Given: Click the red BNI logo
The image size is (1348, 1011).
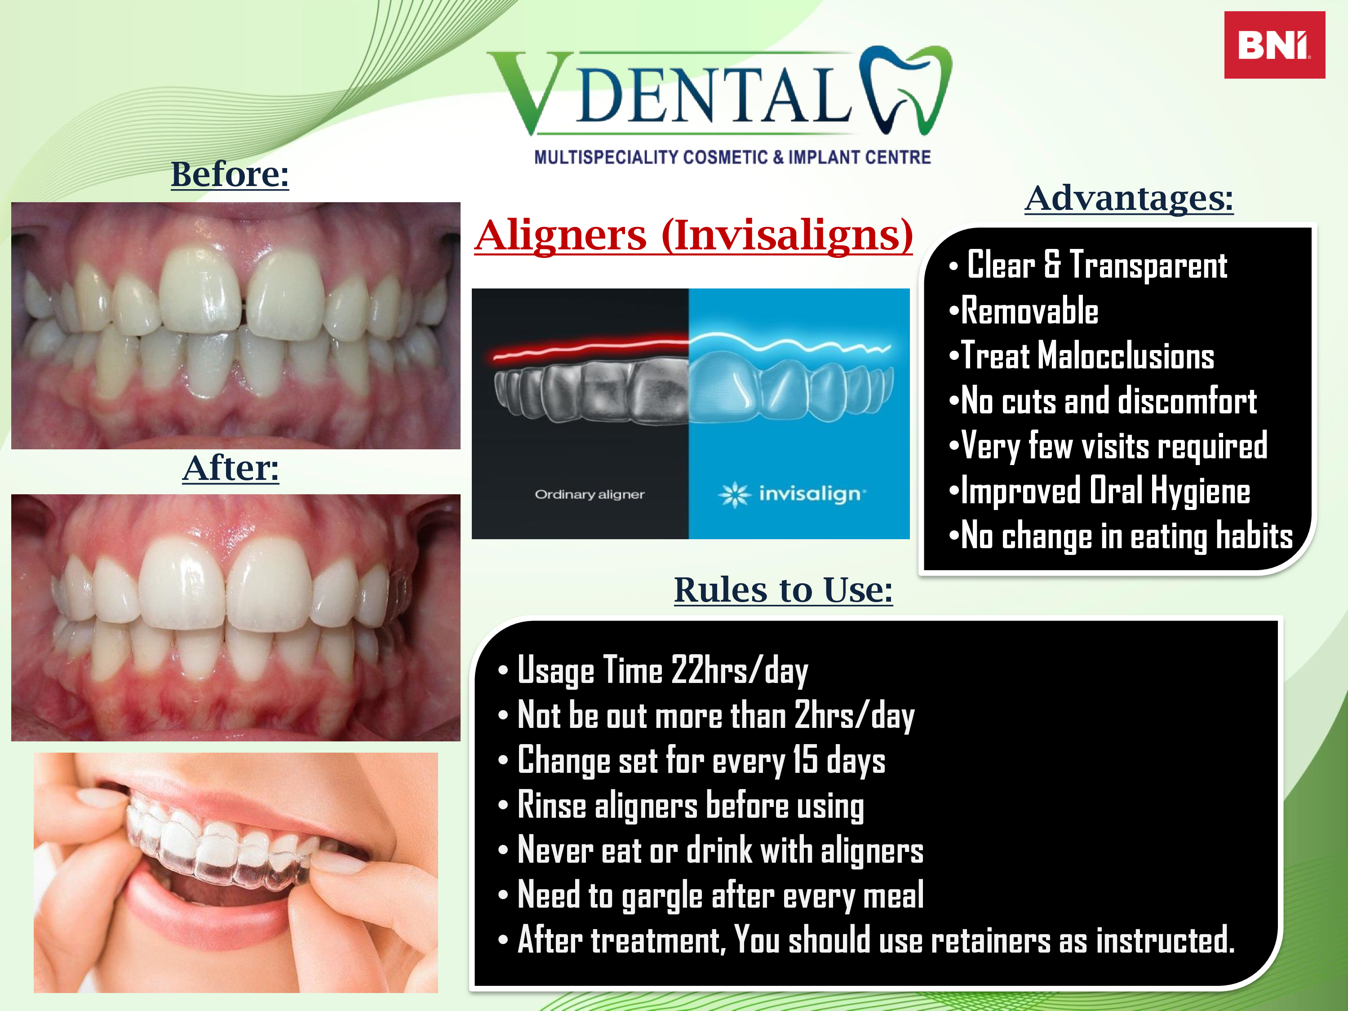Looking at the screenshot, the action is pos(1274,44).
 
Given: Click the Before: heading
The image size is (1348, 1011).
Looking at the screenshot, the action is pos(230,174).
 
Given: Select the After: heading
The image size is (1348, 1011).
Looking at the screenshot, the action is pos(231,468).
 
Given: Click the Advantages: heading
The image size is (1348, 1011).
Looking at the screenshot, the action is pos(1129,198).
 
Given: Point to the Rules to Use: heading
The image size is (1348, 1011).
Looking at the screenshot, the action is pos(783,590).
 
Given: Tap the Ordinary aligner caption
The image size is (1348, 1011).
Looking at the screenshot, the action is pos(589,494).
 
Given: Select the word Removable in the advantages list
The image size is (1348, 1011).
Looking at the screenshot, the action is pos(1030,311).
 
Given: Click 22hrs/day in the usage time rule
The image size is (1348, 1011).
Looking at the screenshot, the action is pos(739,671).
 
